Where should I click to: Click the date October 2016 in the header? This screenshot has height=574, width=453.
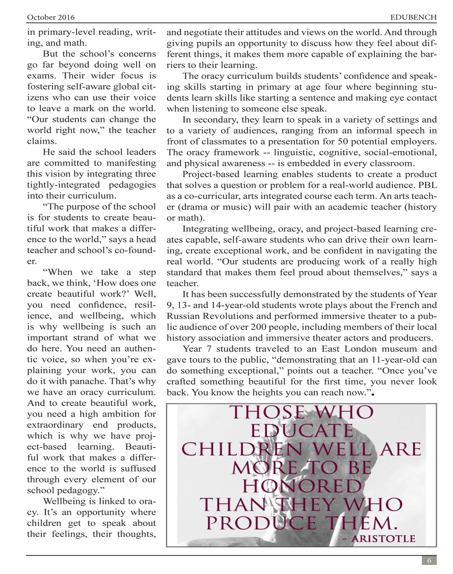[51, 17]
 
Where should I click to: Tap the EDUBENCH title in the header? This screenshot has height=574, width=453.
[413, 17]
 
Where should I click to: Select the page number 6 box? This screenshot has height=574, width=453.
[429, 561]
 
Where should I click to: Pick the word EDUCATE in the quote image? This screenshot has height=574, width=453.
[302, 431]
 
